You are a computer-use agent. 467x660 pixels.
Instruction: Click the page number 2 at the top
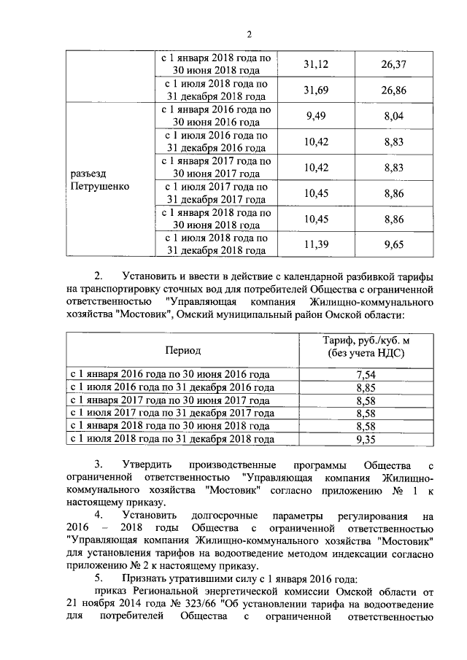click(x=249, y=35)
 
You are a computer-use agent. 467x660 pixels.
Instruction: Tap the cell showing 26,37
click(x=393, y=65)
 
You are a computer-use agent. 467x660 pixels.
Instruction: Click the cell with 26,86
click(x=393, y=90)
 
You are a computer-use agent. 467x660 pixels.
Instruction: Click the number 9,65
click(x=393, y=244)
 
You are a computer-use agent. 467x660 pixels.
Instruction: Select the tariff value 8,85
click(x=364, y=387)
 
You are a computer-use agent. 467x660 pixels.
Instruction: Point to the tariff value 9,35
click(x=364, y=439)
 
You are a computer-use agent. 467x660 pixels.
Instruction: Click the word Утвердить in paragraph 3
click(x=149, y=465)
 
